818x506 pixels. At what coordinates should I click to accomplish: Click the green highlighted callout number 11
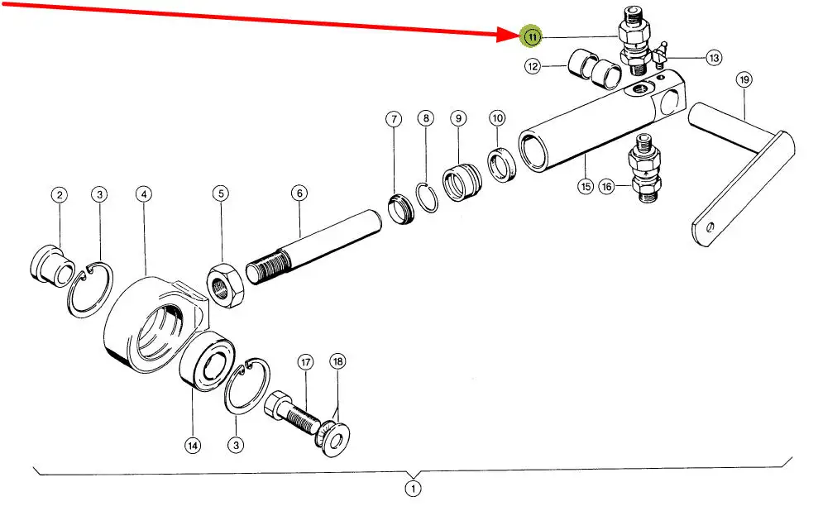coord(532,37)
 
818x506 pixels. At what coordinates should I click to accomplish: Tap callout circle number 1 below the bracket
coord(413,488)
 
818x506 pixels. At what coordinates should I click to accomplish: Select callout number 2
coord(59,195)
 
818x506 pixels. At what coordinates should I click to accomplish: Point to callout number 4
coord(144,194)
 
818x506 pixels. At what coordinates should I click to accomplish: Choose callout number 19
coord(744,80)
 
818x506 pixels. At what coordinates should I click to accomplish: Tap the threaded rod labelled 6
coord(315,247)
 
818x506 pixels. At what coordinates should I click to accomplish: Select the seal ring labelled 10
coord(500,165)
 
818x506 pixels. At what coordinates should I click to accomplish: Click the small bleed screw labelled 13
coord(659,59)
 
